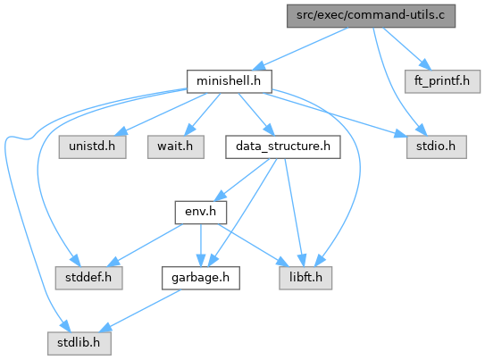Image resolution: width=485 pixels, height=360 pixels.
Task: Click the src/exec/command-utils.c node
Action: click(371, 16)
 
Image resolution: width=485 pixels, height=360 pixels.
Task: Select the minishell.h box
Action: click(230, 81)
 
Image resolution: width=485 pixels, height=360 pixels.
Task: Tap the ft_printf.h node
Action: click(442, 81)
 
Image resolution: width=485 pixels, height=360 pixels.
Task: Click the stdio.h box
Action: click(436, 147)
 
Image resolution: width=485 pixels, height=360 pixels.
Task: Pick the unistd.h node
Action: click(92, 147)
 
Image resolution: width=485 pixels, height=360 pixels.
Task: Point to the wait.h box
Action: click(176, 147)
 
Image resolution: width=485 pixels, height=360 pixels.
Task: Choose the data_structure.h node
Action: click(283, 147)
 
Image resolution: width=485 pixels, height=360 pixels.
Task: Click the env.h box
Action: click(200, 213)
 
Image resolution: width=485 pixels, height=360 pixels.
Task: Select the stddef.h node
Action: click(88, 278)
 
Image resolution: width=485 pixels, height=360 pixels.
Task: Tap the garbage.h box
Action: click(200, 278)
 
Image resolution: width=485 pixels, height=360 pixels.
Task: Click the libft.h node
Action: click(305, 278)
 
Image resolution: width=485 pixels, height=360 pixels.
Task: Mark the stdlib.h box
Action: click(79, 343)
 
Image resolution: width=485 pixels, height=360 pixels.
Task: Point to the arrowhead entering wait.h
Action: click(190, 130)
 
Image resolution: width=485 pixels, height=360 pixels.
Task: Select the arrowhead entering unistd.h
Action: click(121, 131)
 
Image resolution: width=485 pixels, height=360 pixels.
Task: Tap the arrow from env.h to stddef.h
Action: click(145, 246)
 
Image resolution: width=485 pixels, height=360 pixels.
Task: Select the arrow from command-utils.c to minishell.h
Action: click(300, 49)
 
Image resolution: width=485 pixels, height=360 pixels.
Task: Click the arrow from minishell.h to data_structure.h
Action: click(256, 114)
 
